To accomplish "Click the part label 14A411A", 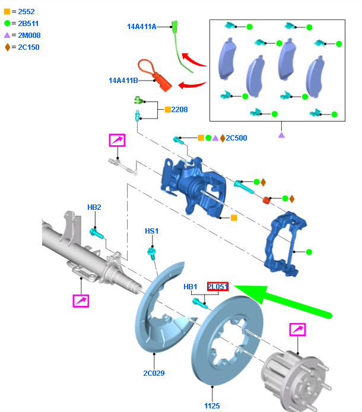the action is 142,27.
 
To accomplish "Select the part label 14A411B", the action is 123,81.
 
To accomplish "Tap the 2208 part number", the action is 179,110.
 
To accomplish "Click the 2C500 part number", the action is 236,138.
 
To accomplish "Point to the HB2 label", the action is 94,207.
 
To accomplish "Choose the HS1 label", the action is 152,231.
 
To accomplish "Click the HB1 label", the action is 190,287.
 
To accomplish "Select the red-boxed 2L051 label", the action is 218,286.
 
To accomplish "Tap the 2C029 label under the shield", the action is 154,373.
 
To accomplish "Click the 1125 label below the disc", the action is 212,405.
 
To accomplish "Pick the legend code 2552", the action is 26,12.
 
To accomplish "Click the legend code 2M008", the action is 29,35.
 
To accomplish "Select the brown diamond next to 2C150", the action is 7,47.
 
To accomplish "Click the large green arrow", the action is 283,301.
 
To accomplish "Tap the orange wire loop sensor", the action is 154,75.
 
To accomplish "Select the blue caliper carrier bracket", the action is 285,244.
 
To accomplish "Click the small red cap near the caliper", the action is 266,200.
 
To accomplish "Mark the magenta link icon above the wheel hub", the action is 297,330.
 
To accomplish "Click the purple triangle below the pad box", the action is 281,135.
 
